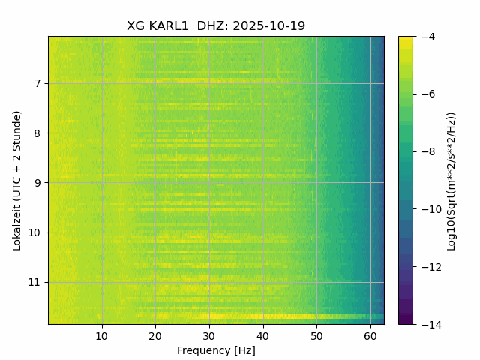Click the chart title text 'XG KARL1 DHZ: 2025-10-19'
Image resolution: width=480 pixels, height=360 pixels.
pyautogui.click(x=216, y=26)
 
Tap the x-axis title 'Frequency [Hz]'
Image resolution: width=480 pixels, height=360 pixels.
pyautogui.click(x=216, y=350)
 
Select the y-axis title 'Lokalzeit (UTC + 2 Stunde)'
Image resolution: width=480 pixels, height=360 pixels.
pyautogui.click(x=17, y=180)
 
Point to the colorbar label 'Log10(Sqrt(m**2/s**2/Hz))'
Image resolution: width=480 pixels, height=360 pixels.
pyautogui.click(x=451, y=180)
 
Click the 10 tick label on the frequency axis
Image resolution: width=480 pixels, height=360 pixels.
pyautogui.click(x=102, y=335)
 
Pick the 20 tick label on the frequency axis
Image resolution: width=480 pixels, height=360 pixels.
pyautogui.click(x=155, y=335)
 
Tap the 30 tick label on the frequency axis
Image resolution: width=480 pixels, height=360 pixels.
pyautogui.click(x=209, y=335)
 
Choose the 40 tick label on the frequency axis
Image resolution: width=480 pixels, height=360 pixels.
pyautogui.click(x=262, y=335)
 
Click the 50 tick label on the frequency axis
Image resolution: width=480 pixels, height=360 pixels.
pyautogui.click(x=316, y=335)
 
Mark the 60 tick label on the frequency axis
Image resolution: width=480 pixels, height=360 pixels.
pyautogui.click(x=370, y=335)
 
